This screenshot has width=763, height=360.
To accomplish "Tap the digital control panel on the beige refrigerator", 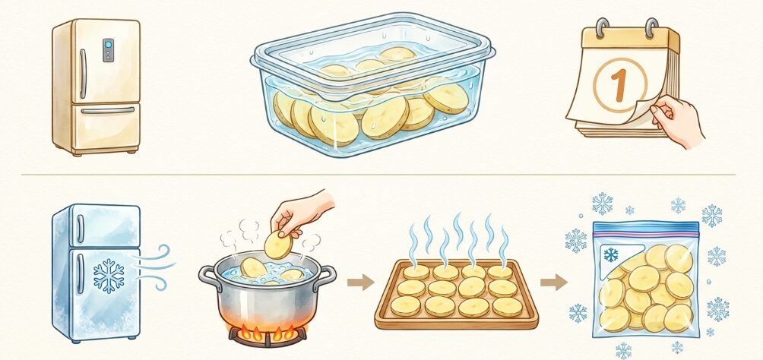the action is pos(108,50).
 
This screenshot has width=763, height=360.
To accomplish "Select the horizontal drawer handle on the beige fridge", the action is pos(108,111).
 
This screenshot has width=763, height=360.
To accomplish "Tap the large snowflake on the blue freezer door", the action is pos(109,276).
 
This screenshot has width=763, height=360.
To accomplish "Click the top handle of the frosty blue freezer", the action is pos(80,229).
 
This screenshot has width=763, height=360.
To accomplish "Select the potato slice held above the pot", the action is pos(278,245).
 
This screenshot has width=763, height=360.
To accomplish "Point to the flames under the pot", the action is pos(268,332).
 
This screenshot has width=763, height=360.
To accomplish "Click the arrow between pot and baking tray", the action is pos(360,282).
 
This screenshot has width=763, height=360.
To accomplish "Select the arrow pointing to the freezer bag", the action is pos(554,282).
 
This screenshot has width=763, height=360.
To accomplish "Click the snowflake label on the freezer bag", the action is pos(611,254).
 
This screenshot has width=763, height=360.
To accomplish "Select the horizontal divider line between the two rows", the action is pos(378,174).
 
